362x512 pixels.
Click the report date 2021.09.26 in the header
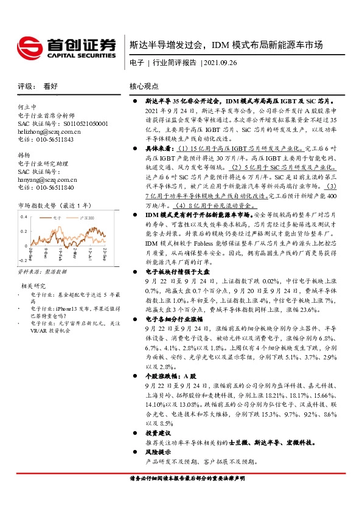(x=218, y=63)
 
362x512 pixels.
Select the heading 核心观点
(x=144, y=87)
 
